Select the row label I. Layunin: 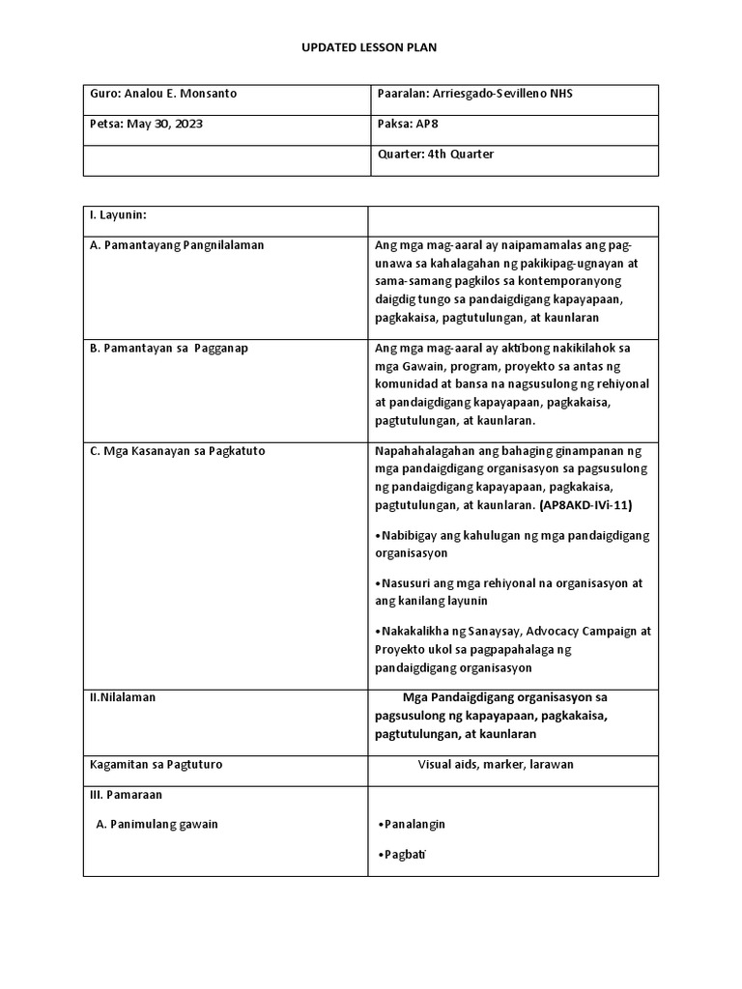[x=118, y=213]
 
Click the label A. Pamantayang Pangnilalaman [x=177, y=245]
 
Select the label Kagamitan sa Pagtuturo [x=156, y=764]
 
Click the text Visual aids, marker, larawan [x=496, y=764]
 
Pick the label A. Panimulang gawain [x=157, y=824]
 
